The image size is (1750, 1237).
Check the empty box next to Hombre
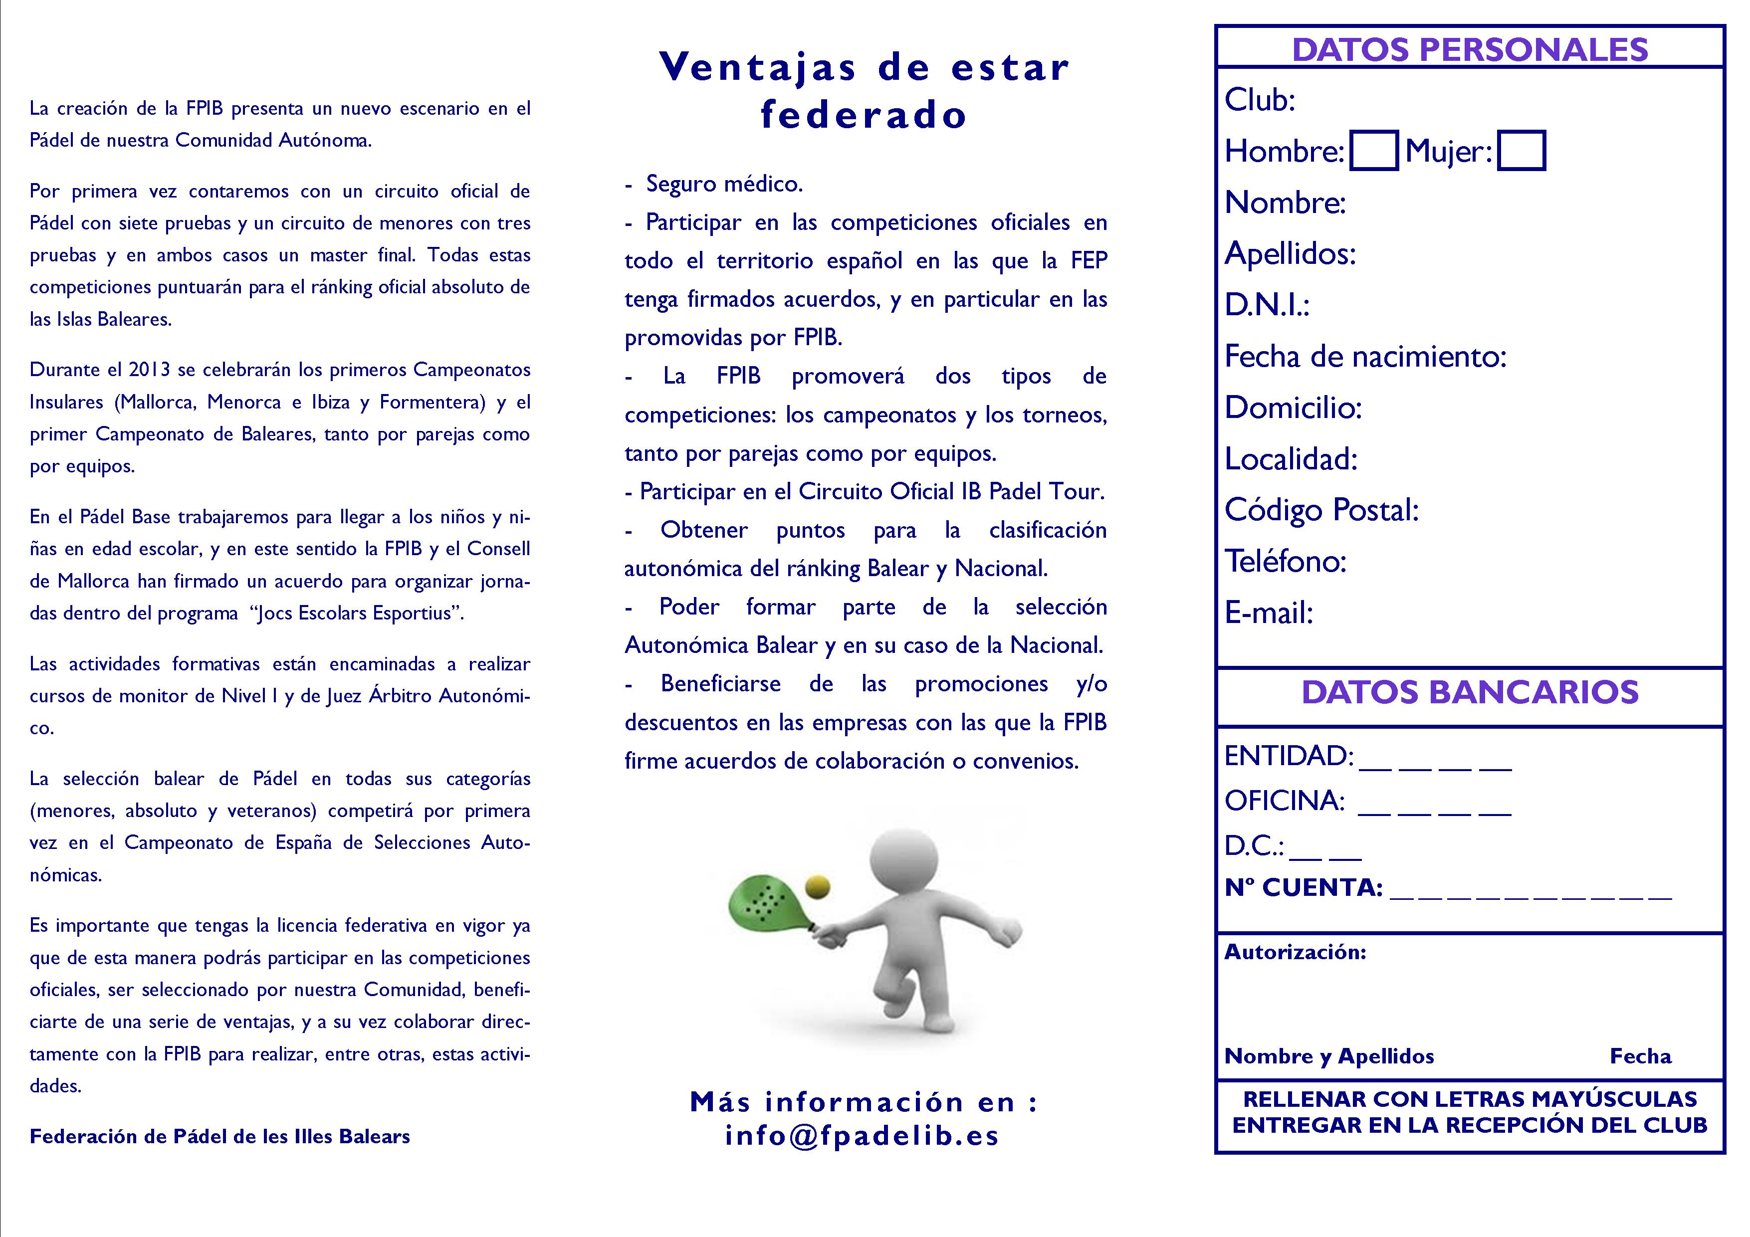[x=1373, y=151]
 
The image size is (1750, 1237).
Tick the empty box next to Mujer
[x=1522, y=151]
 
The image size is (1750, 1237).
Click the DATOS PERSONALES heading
[x=1470, y=49]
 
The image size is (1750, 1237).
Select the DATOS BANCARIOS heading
[x=1470, y=692]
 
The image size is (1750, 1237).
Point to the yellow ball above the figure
[x=817, y=886]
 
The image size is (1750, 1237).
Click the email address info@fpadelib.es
[x=862, y=1136]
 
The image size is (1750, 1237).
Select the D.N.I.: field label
[x=1267, y=305]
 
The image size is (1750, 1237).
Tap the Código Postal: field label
[x=1321, y=510]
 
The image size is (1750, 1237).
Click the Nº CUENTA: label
[x=1303, y=887]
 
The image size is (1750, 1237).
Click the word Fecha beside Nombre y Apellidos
[x=1640, y=1056]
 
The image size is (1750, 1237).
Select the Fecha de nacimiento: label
[x=1365, y=356]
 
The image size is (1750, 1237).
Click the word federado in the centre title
[x=864, y=115]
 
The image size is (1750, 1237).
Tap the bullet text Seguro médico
[x=723, y=184]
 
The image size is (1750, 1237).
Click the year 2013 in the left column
[x=149, y=370]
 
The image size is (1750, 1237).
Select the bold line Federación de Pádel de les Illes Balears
[x=219, y=1136]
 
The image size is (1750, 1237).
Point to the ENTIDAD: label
[x=1288, y=756]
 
